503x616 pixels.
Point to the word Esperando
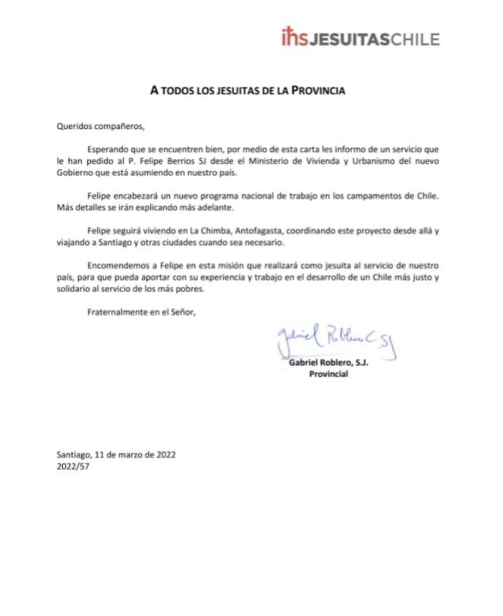(107, 149)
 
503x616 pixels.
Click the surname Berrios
(179, 161)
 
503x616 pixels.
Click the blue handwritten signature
(336, 341)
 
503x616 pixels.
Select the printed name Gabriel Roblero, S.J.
(328, 363)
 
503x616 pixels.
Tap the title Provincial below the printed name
(328, 374)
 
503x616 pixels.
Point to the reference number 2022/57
(73, 467)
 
